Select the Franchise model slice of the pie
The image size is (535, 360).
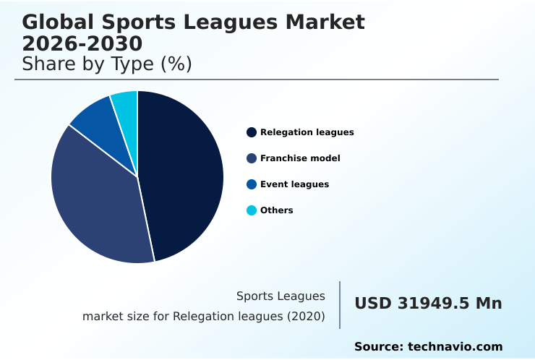pyautogui.click(x=98, y=202)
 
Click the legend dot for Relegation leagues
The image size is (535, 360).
pyautogui.click(x=251, y=132)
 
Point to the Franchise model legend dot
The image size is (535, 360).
pyautogui.click(x=251, y=158)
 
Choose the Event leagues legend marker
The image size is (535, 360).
pyautogui.click(x=251, y=184)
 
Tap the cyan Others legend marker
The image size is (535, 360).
pyautogui.click(x=251, y=210)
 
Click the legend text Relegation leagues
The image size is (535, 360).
pyautogui.click(x=307, y=132)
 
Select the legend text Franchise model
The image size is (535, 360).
pyautogui.click(x=300, y=158)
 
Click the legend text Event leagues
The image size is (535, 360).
pyautogui.click(x=294, y=184)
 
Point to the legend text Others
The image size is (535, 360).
pyautogui.click(x=277, y=210)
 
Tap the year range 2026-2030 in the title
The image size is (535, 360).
pyautogui.click(x=82, y=43)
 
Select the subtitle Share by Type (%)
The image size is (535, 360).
pyautogui.click(x=107, y=64)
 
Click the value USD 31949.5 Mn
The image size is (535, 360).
pyautogui.click(x=428, y=304)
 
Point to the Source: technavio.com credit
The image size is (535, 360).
pyautogui.click(x=428, y=347)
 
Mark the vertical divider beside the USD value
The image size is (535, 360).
pyautogui.click(x=340, y=305)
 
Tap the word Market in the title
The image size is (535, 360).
pyautogui.click(x=325, y=22)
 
